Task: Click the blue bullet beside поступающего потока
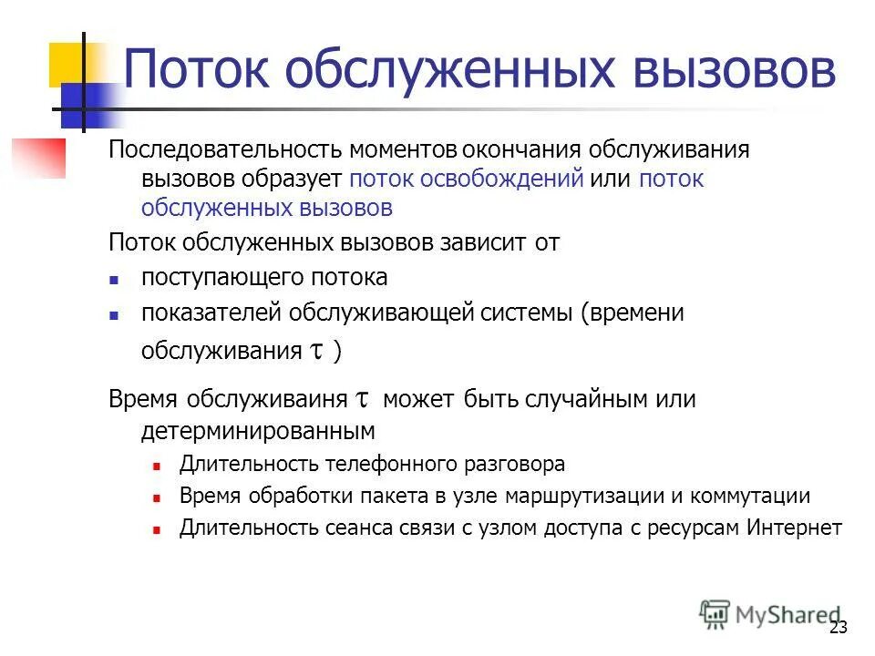(114, 279)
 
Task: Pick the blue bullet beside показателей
(114, 314)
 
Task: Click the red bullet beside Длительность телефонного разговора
(157, 466)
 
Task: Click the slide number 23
(839, 628)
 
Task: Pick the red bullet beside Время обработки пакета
(157, 497)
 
